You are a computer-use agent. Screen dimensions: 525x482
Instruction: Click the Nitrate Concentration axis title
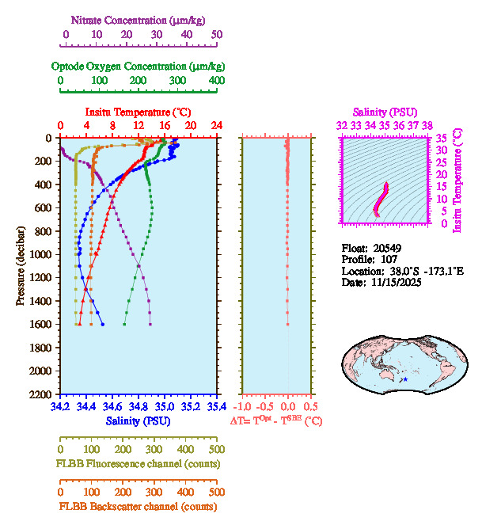click(x=139, y=18)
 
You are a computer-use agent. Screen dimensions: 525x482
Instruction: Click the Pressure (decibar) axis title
click(x=21, y=266)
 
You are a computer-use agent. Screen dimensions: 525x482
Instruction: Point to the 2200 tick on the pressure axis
click(x=41, y=394)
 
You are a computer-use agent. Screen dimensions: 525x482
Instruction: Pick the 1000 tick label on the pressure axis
click(x=41, y=254)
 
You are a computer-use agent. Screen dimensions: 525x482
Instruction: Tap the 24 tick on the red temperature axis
click(x=216, y=126)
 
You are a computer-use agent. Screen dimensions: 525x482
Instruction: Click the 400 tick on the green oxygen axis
click(x=216, y=80)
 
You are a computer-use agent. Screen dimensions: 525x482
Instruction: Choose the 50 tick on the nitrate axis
click(x=217, y=34)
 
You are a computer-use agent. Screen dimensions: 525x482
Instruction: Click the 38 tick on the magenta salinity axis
click(x=427, y=125)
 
